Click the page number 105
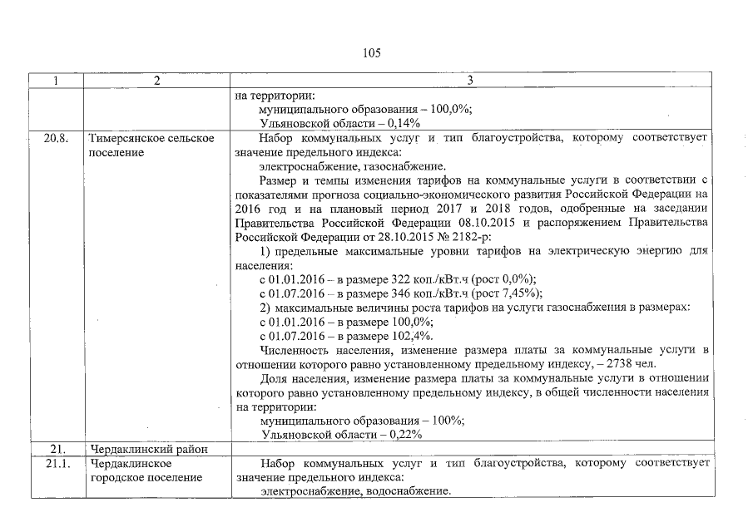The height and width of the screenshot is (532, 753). [x=372, y=52]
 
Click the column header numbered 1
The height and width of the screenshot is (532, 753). [x=56, y=81]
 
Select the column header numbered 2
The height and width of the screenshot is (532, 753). [x=156, y=81]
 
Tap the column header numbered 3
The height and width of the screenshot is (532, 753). [x=470, y=81]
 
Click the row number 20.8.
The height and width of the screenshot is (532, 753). [x=56, y=138]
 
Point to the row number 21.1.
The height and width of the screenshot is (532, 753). [x=56, y=462]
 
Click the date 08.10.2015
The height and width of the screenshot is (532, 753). [x=498, y=223]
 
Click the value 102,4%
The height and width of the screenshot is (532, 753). [x=412, y=336]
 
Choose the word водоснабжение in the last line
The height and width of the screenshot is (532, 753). [x=407, y=491]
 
